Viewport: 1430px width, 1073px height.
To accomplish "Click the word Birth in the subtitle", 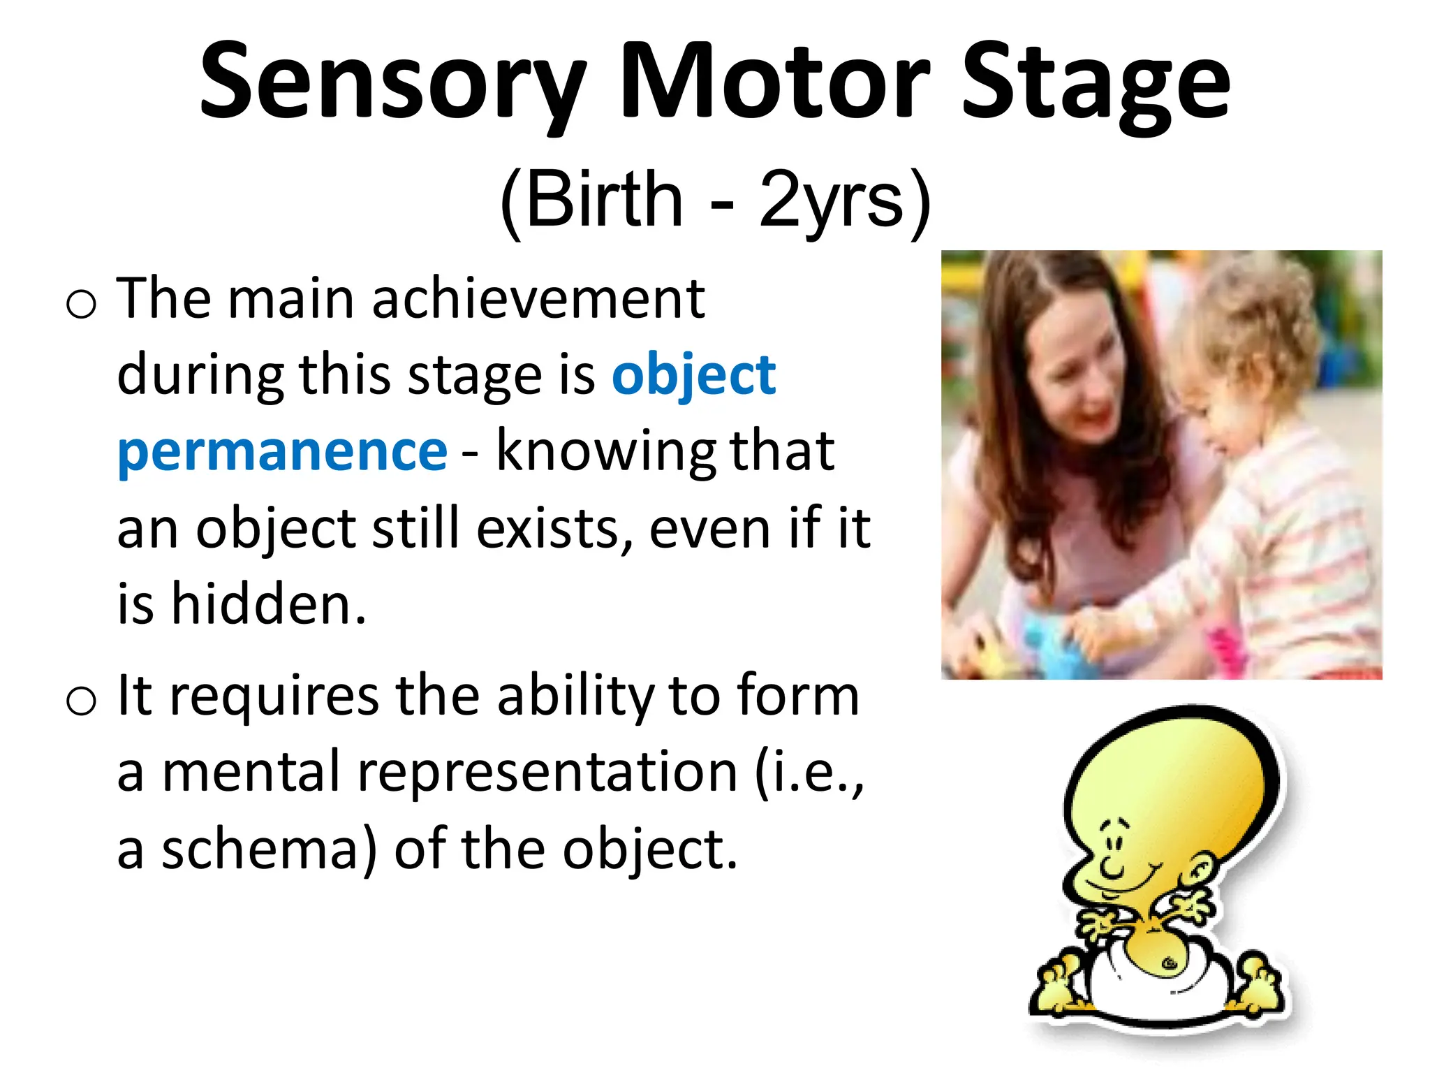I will click(604, 200).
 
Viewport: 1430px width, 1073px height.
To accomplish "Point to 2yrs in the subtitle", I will click(831, 200).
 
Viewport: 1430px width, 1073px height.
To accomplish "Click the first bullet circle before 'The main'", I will click(81, 305).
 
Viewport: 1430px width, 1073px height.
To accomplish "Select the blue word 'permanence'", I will click(282, 452).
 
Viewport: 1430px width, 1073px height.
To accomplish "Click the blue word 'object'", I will click(693, 376).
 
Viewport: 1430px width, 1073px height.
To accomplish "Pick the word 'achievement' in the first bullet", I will click(538, 299).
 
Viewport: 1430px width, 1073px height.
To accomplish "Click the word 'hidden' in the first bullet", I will click(269, 604).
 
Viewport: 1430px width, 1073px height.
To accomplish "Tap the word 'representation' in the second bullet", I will click(547, 773).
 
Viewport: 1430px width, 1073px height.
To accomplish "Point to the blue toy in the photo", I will click(1047, 643).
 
